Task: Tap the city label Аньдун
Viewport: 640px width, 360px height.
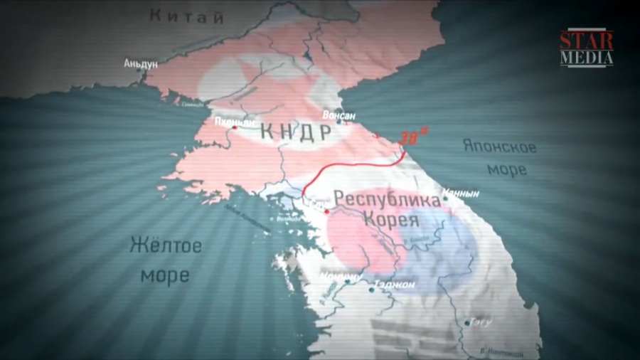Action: (x=140, y=64)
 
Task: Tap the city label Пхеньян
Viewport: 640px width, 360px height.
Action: (x=233, y=122)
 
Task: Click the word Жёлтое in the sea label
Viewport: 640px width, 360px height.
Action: (x=166, y=246)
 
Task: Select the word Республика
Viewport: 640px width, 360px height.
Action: (x=388, y=200)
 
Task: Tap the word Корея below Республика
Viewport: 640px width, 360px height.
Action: (x=388, y=218)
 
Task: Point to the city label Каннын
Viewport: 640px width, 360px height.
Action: (x=460, y=193)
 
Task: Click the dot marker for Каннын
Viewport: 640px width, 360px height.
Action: (x=446, y=198)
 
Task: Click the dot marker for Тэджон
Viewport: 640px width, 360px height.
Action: (x=372, y=289)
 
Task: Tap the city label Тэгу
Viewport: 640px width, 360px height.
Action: (x=481, y=322)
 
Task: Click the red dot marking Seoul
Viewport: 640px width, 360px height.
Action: (x=326, y=211)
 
